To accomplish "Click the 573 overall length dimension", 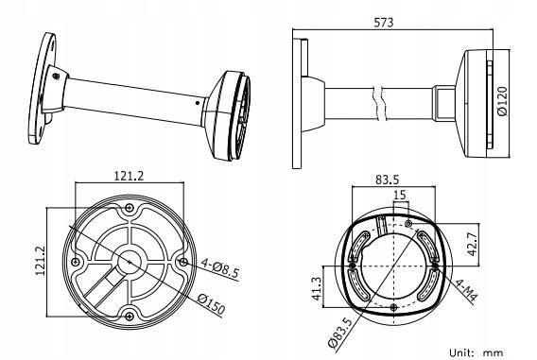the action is pyautogui.click(x=384, y=23).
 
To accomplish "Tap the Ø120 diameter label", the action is pyautogui.click(x=502, y=102).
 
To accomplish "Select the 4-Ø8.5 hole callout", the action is pyautogui.click(x=219, y=268).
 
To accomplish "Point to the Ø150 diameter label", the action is pyautogui.click(x=212, y=304).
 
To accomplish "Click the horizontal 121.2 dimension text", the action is pyautogui.click(x=129, y=176).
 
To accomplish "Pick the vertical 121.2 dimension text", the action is pyautogui.click(x=41, y=261).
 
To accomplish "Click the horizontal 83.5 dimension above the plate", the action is pyautogui.click(x=388, y=180).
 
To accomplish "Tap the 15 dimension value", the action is pyautogui.click(x=400, y=195).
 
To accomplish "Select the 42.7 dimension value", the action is pyautogui.click(x=473, y=244).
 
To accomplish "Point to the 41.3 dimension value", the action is pyautogui.click(x=317, y=288).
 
